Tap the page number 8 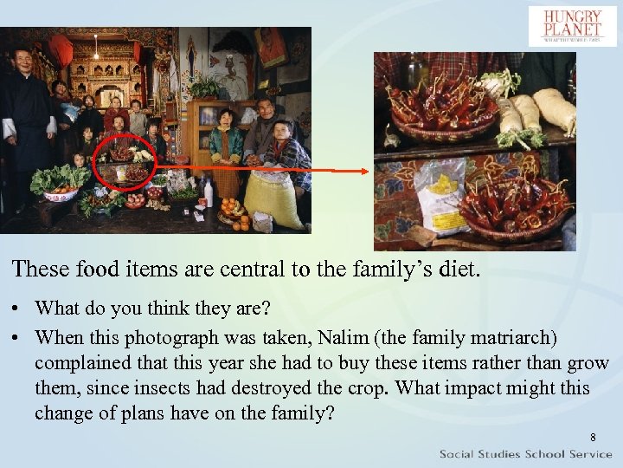click(592, 438)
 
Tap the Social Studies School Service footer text click(525, 454)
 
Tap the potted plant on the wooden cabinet click(206, 87)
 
